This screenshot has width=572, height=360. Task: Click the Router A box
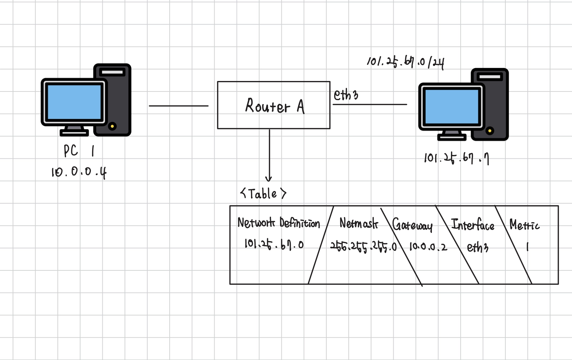[x=274, y=105]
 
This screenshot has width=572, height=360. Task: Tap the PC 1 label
[x=79, y=150]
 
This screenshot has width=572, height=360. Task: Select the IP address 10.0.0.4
[x=79, y=172]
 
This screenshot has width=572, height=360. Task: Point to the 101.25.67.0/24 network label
[x=405, y=62]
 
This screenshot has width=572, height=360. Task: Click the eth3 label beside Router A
[x=346, y=95]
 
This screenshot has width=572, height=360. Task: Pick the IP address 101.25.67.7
[x=456, y=158]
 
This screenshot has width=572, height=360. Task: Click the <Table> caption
[x=263, y=194]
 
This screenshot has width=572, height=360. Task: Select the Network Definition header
[x=278, y=223]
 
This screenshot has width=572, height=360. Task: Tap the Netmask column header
[x=359, y=224]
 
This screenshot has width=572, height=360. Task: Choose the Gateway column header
[x=412, y=225]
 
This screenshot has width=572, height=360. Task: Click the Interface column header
[x=473, y=225]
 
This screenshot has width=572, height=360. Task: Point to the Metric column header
[x=524, y=225]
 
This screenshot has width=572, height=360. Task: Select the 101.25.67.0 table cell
[x=274, y=244]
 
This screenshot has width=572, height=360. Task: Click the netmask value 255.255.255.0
[x=363, y=247]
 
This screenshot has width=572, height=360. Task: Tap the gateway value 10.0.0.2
[x=428, y=247]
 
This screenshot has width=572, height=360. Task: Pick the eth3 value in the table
[x=478, y=247]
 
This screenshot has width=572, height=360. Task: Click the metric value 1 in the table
[x=527, y=247]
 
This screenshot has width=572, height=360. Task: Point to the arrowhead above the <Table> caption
[x=269, y=179]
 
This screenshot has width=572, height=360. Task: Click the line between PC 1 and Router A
[x=179, y=106]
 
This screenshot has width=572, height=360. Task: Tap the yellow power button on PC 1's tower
[x=112, y=126]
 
